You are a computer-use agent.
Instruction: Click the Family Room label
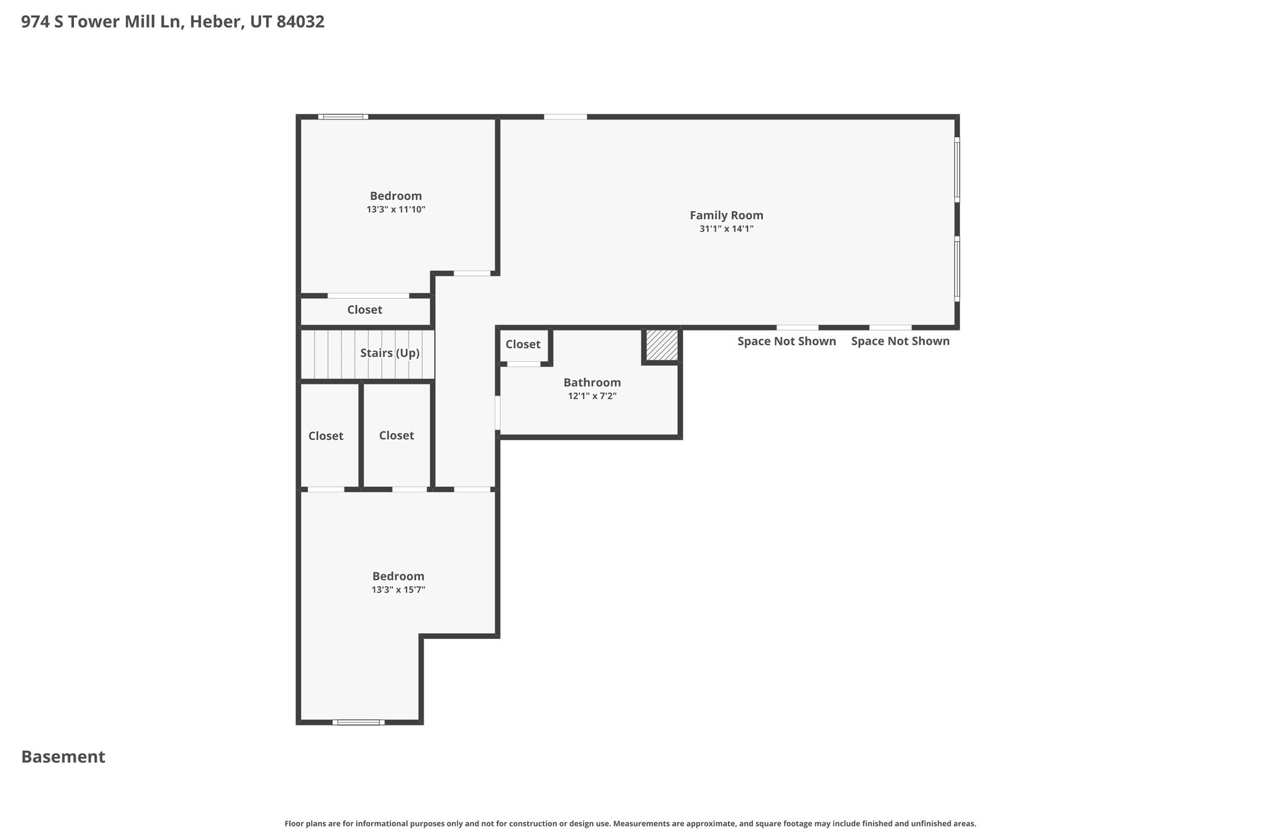[726, 215]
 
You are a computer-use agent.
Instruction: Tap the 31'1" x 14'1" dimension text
[726, 229]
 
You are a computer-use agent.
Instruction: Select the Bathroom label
[592, 383]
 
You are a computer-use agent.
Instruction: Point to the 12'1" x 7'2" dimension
[592, 396]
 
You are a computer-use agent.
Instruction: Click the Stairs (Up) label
[390, 353]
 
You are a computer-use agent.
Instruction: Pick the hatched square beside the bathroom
[662, 346]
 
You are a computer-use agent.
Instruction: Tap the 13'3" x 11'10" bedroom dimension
[396, 210]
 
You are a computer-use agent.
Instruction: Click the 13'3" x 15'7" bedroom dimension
[398, 590]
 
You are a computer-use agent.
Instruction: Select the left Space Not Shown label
[787, 342]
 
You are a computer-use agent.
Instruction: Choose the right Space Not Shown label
[900, 342]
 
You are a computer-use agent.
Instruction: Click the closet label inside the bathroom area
[523, 345]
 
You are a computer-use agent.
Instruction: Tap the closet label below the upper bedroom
[365, 310]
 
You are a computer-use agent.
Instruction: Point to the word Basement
[63, 757]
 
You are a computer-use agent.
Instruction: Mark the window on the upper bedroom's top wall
[343, 117]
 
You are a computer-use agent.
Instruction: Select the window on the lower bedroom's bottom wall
[358, 722]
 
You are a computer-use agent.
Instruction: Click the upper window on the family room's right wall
[957, 169]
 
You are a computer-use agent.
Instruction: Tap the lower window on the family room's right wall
[957, 269]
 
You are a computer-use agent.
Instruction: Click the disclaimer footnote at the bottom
[630, 824]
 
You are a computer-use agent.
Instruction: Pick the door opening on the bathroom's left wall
[498, 412]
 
